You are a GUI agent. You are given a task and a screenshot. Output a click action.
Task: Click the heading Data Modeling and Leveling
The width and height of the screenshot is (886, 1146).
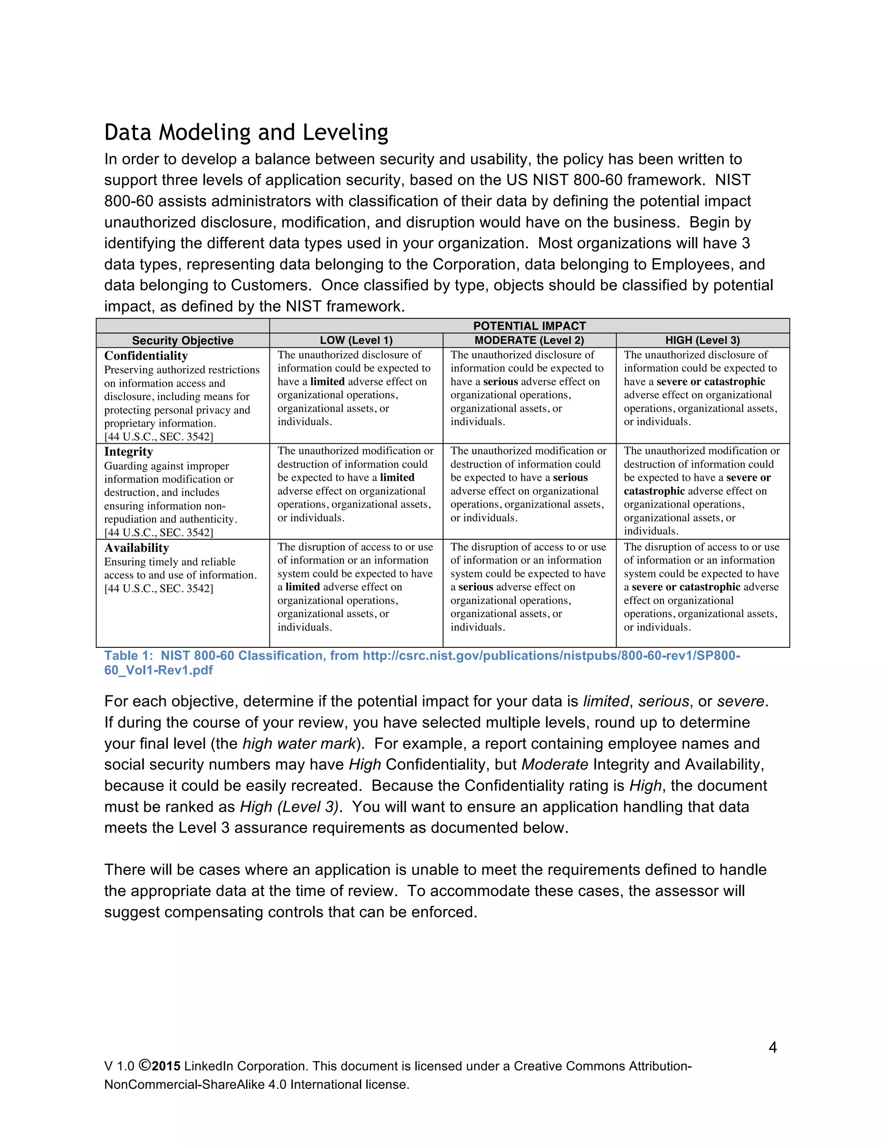point(246,132)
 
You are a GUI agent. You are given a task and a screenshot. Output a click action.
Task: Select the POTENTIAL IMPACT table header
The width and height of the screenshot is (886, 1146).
point(529,326)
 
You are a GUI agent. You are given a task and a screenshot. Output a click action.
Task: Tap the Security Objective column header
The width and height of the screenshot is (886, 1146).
point(183,340)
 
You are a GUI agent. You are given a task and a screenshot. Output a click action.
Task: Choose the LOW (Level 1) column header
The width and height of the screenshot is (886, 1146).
point(356,340)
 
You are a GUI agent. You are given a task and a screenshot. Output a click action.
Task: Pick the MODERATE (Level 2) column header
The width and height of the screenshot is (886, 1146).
point(529,340)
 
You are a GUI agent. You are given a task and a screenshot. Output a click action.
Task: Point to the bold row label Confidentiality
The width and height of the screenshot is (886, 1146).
point(146,356)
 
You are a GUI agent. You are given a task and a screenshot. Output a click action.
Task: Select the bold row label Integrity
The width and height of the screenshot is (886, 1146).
point(128,452)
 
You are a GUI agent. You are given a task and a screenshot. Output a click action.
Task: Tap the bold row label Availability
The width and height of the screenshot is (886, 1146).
point(136,548)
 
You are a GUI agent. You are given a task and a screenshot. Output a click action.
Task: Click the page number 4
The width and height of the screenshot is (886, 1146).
point(773,1047)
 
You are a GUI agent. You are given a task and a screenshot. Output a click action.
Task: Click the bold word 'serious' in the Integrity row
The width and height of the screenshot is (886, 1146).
point(570,477)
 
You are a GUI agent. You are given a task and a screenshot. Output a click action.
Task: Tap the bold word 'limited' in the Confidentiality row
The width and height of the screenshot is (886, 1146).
point(327,381)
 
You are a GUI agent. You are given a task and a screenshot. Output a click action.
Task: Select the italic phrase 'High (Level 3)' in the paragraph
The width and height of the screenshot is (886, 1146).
point(289,807)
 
